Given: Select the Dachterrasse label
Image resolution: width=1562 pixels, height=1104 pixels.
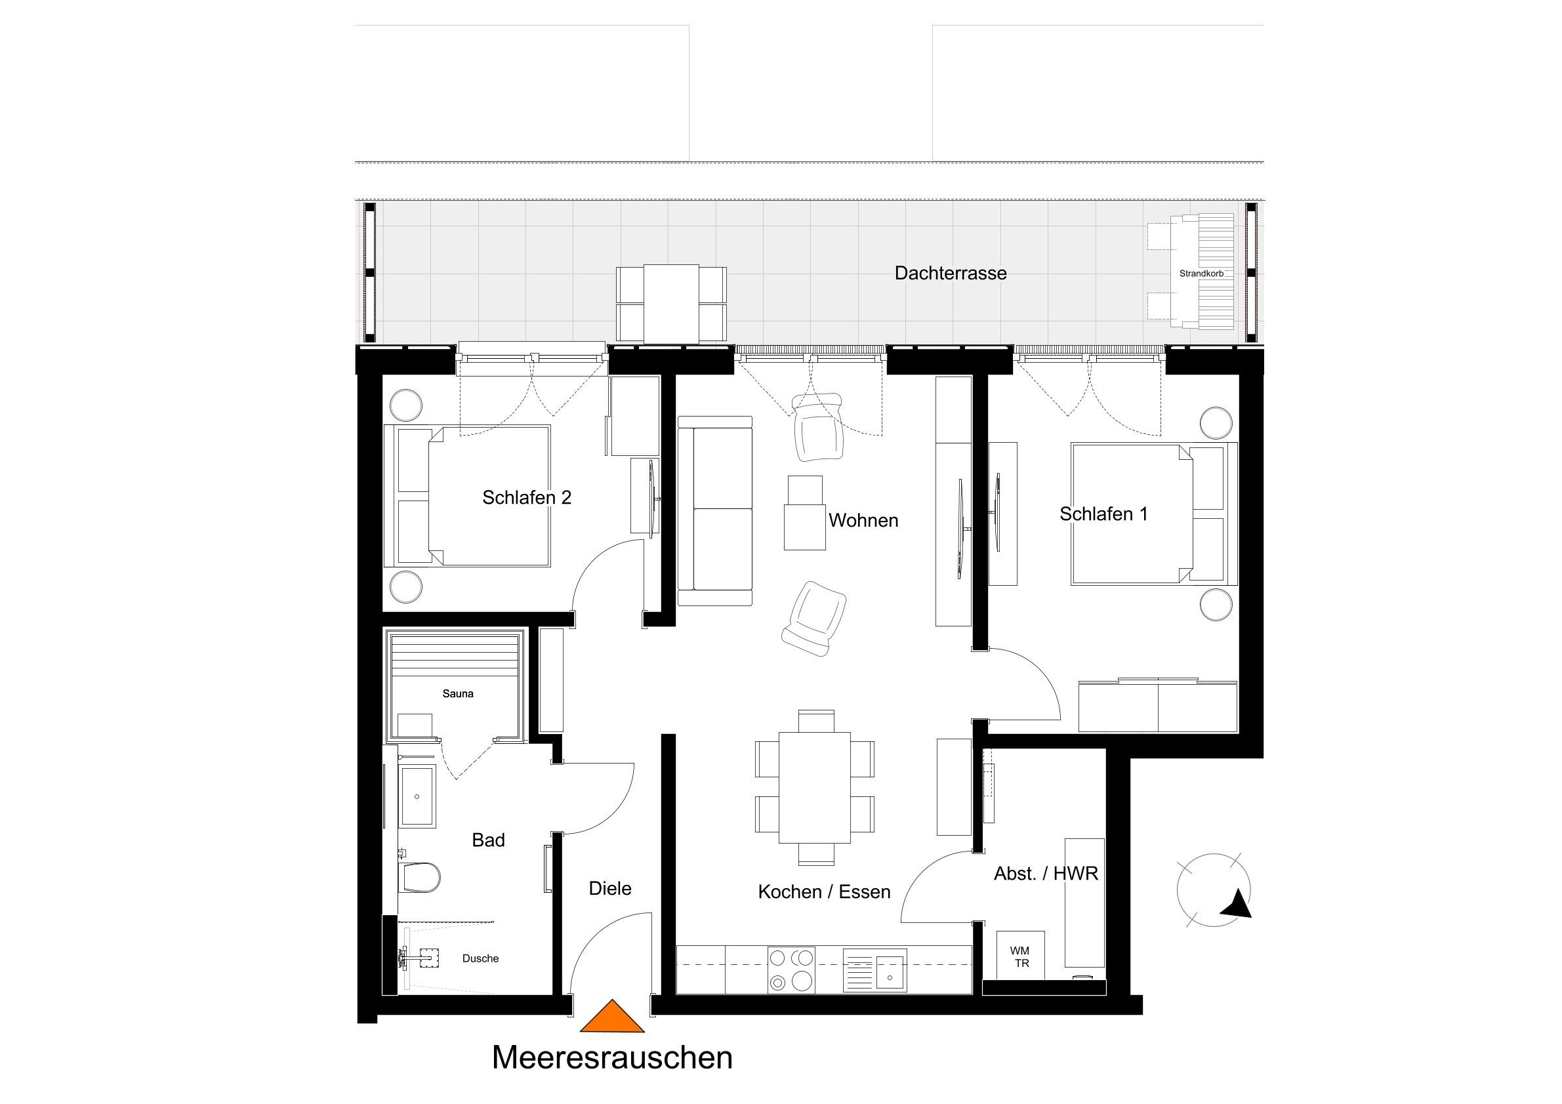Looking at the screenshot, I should click(951, 274).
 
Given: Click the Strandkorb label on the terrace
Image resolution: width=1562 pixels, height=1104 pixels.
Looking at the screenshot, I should click(1201, 274).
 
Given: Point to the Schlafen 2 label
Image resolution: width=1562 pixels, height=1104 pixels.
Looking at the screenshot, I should click(527, 498).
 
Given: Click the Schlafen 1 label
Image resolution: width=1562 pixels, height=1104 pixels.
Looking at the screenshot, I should click(1103, 514).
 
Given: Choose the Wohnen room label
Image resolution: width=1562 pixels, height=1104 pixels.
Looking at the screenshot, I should click(863, 521).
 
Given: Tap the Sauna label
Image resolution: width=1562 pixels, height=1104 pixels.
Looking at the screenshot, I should click(458, 694).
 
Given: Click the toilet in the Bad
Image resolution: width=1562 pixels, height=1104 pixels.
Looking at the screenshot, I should click(421, 878).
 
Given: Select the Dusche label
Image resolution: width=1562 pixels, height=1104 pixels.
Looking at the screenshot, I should click(480, 958).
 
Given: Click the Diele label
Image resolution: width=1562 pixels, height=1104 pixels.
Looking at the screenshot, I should click(610, 888).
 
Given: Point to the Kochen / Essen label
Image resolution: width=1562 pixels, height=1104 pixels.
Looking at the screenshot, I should click(824, 891).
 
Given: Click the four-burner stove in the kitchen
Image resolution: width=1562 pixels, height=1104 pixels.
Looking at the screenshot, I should click(791, 970).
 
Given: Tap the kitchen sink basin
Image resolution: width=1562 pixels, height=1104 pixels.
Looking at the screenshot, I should click(889, 970).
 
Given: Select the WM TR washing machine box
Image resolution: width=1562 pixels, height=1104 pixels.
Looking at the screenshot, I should click(1019, 956).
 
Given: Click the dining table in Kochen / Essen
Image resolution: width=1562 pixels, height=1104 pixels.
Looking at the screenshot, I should click(815, 787).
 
